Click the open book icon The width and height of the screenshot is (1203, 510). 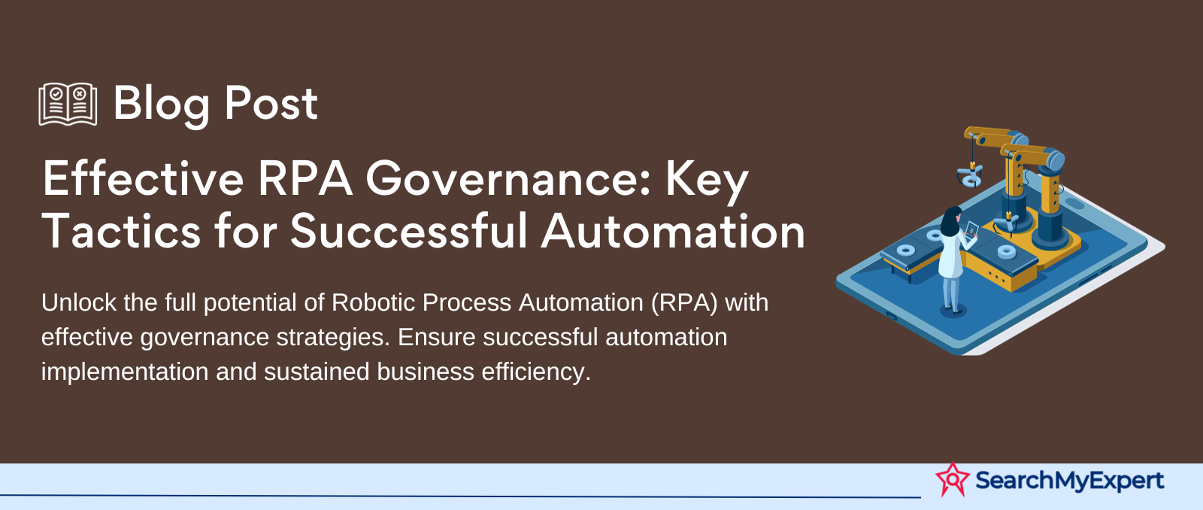pyautogui.click(x=68, y=104)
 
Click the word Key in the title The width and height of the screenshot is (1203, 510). pyautogui.click(x=708, y=183)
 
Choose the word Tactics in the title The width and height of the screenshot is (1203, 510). pyautogui.click(x=121, y=231)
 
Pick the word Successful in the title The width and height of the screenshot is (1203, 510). pyautogui.click(x=409, y=230)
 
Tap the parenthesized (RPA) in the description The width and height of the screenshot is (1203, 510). pyautogui.click(x=685, y=303)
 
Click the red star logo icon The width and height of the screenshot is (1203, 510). pyautogui.click(x=953, y=479)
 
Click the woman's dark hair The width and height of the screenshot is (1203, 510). pyautogui.click(x=951, y=221)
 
